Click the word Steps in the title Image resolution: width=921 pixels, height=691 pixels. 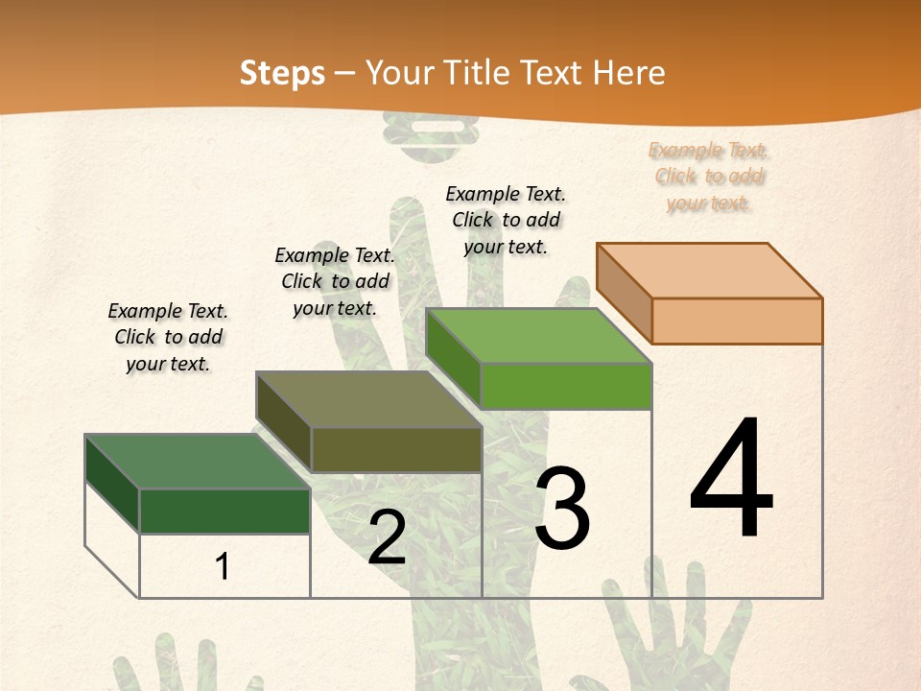pyautogui.click(x=282, y=73)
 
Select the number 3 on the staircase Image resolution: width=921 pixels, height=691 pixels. pyautogui.click(x=562, y=509)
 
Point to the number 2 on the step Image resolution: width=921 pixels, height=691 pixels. pyautogui.click(x=388, y=537)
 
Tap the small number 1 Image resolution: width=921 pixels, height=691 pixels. pyautogui.click(x=223, y=566)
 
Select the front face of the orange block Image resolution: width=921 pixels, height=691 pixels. pyautogui.click(x=737, y=321)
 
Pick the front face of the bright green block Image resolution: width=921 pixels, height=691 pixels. pyautogui.click(x=566, y=386)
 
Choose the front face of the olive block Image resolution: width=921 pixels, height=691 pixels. pyautogui.click(x=395, y=449)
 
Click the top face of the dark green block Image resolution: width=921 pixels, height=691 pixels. pyautogui.click(x=198, y=461)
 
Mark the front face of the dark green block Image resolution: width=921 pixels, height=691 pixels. pyautogui.click(x=224, y=511)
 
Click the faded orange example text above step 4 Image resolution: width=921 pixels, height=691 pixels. pyautogui.click(x=709, y=177)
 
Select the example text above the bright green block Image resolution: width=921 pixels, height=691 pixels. pyautogui.click(x=506, y=220)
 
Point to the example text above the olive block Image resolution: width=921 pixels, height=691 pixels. pyautogui.click(x=335, y=281)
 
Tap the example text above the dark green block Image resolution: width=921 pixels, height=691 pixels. pyautogui.click(x=168, y=337)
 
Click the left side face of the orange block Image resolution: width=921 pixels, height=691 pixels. pyautogui.click(x=624, y=293)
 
